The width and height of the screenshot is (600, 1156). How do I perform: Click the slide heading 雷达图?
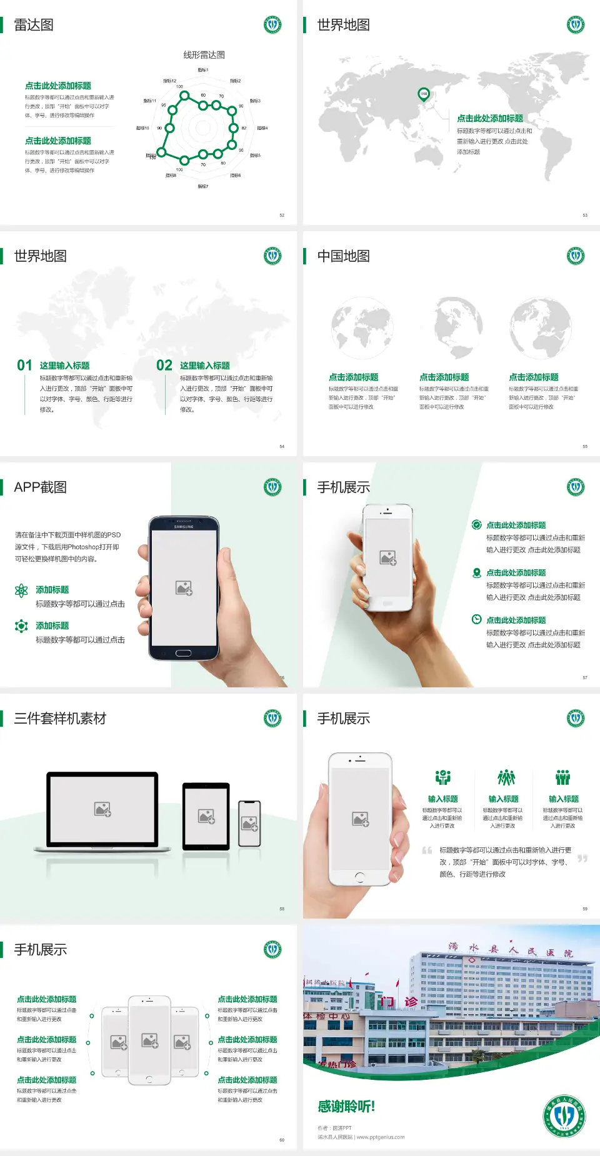34,25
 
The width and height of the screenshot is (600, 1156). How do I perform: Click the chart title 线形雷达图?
204,55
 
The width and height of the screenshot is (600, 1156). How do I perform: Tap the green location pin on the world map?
424,94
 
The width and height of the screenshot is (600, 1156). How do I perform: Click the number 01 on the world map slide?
24,365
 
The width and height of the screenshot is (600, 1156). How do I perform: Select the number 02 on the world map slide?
164,365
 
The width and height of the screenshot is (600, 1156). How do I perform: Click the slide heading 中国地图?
343,256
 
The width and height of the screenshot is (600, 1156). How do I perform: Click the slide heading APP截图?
40,487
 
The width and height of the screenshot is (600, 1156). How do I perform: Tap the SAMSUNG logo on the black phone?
184,527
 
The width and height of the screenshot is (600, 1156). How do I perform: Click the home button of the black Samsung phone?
183,653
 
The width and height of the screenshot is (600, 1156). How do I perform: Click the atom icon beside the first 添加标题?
21,590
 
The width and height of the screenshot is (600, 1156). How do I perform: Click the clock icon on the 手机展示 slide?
476,619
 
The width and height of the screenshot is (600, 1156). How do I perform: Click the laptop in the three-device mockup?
102,811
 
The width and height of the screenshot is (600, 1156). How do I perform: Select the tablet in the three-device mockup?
206,815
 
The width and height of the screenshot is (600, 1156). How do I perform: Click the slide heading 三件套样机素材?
60,719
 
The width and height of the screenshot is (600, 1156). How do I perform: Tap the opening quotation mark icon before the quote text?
427,850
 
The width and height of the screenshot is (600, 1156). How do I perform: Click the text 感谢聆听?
346,1107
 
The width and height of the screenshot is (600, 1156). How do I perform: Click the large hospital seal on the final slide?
564,1116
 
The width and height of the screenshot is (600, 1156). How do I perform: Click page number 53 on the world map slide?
585,215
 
